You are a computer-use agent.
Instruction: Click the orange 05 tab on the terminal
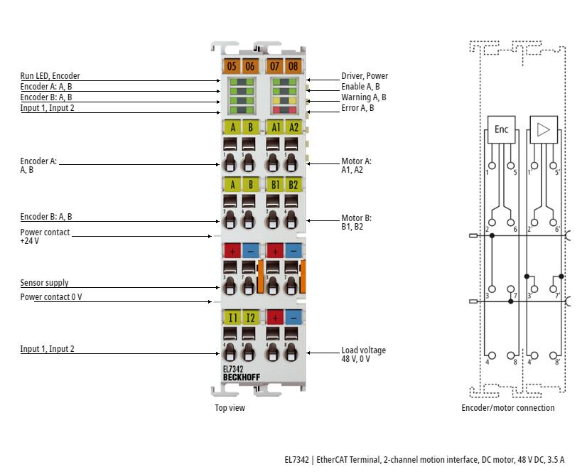232,66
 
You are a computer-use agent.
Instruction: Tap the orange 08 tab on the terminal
293,66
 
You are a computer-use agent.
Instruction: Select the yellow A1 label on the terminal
276,127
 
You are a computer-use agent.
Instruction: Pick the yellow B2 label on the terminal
293,185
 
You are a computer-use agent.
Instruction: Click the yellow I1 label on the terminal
232,318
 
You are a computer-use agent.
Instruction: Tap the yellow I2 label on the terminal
249,318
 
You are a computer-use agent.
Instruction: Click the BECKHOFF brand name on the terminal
241,377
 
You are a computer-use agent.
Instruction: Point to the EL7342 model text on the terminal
233,369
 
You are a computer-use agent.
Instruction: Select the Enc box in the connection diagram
501,129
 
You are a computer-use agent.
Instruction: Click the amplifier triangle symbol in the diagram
544,129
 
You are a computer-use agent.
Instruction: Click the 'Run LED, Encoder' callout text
50,76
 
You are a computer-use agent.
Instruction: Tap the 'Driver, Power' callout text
365,76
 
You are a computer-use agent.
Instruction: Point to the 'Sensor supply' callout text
44,283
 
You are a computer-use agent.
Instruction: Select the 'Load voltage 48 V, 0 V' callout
363,354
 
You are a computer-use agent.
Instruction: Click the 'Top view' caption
230,407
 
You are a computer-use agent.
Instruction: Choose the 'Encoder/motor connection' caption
507,407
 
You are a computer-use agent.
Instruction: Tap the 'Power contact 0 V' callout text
50,297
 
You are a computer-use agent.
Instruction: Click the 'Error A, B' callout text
357,108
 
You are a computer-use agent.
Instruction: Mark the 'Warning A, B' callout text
363,97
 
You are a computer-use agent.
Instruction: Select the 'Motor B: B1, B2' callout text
356,222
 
